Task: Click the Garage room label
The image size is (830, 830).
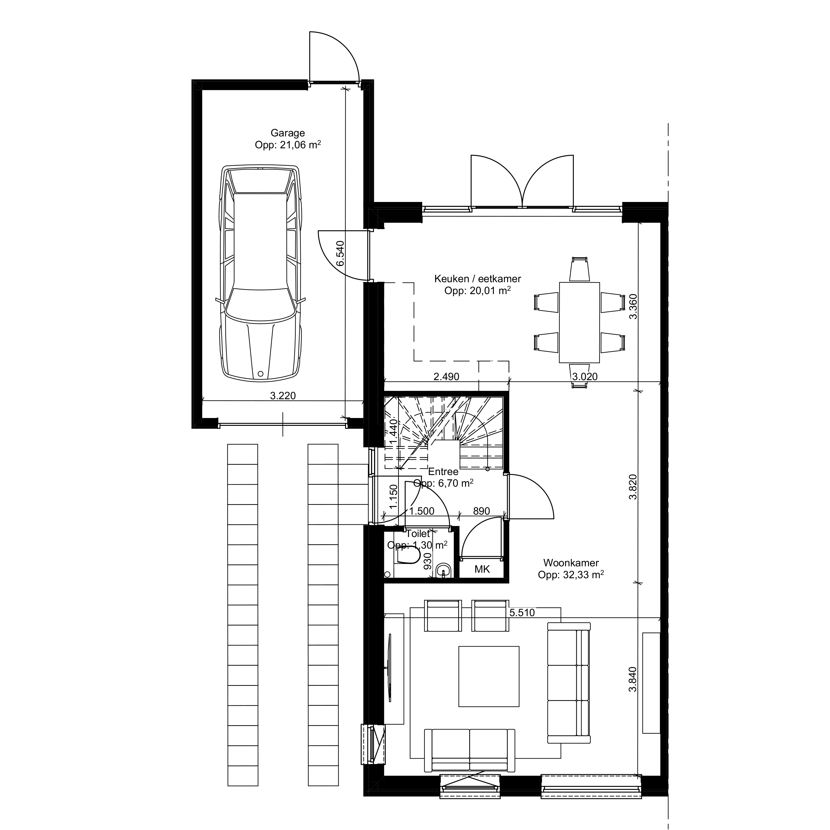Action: coord(287,133)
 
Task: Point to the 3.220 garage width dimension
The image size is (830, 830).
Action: coord(283,396)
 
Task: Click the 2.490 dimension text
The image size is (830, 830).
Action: coord(446,377)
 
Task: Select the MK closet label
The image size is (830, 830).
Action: coord(482,569)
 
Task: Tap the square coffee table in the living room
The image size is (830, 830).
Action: coord(489,682)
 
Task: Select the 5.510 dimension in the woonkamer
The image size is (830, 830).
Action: coord(522,613)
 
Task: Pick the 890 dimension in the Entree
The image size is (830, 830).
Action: coord(481,511)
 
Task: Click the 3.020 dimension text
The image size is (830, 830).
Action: coord(585,377)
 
